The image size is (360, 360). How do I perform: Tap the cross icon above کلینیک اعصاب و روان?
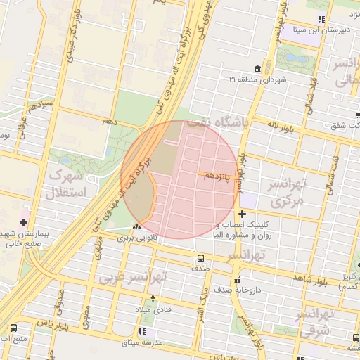[242, 214]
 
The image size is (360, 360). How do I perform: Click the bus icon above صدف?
[201, 257]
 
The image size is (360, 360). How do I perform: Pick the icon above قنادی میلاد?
[143, 299]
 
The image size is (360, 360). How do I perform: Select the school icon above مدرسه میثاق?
[143, 331]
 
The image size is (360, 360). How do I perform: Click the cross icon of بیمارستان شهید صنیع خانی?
[24, 222]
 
